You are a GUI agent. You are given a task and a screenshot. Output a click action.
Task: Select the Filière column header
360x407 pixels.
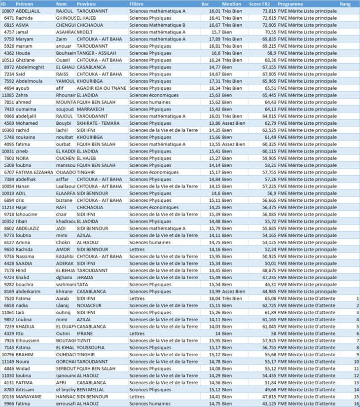[137, 3]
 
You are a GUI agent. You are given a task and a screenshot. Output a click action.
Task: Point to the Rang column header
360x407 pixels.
[345, 3]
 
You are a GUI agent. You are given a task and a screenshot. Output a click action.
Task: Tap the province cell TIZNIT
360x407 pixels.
[84, 340]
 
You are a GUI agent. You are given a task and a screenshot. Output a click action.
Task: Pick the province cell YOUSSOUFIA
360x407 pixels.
[91, 347]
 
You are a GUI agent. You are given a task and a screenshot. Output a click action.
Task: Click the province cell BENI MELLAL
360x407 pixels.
[90, 389]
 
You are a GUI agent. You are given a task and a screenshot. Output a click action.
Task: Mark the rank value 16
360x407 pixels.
[356, 404]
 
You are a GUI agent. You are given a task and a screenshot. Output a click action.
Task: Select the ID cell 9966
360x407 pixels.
[8, 404]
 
